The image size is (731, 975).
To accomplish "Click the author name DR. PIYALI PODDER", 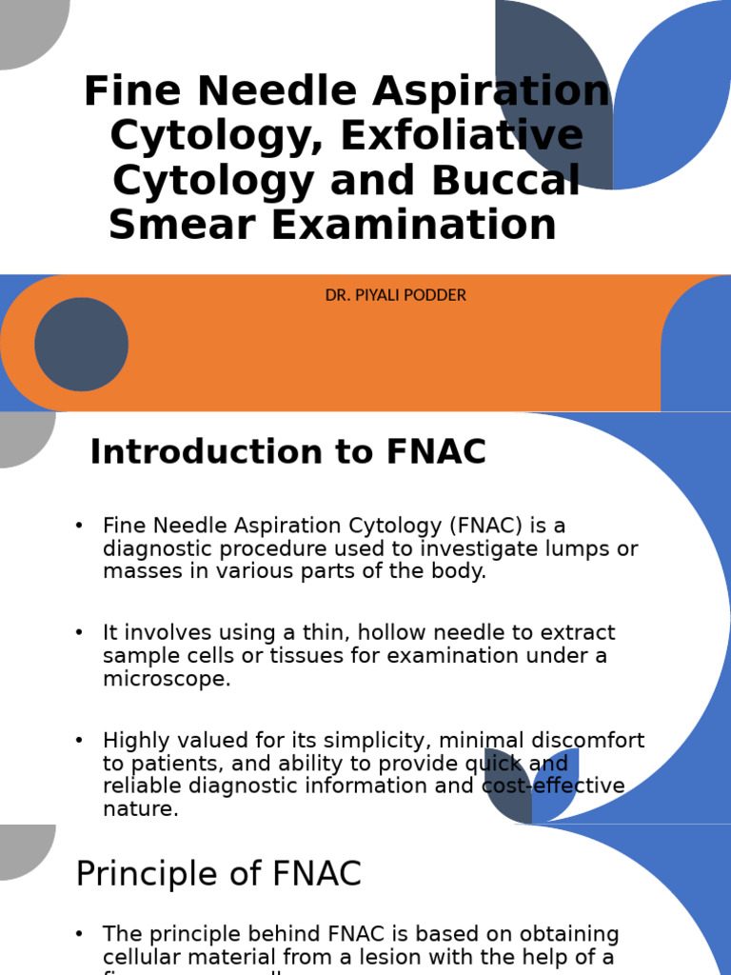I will [396, 296].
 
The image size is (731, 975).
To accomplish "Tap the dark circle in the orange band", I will [82, 344].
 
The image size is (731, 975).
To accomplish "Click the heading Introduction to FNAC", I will [287, 452].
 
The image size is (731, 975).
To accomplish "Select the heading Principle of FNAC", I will [218, 873].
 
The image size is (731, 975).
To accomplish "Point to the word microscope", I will [167, 679].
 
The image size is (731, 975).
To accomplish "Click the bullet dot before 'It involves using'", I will [79, 633].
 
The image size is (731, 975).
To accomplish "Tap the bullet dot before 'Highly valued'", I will [79, 741].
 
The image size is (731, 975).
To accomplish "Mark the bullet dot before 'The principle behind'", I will [79, 934].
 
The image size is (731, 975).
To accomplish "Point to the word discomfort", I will [589, 741].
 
